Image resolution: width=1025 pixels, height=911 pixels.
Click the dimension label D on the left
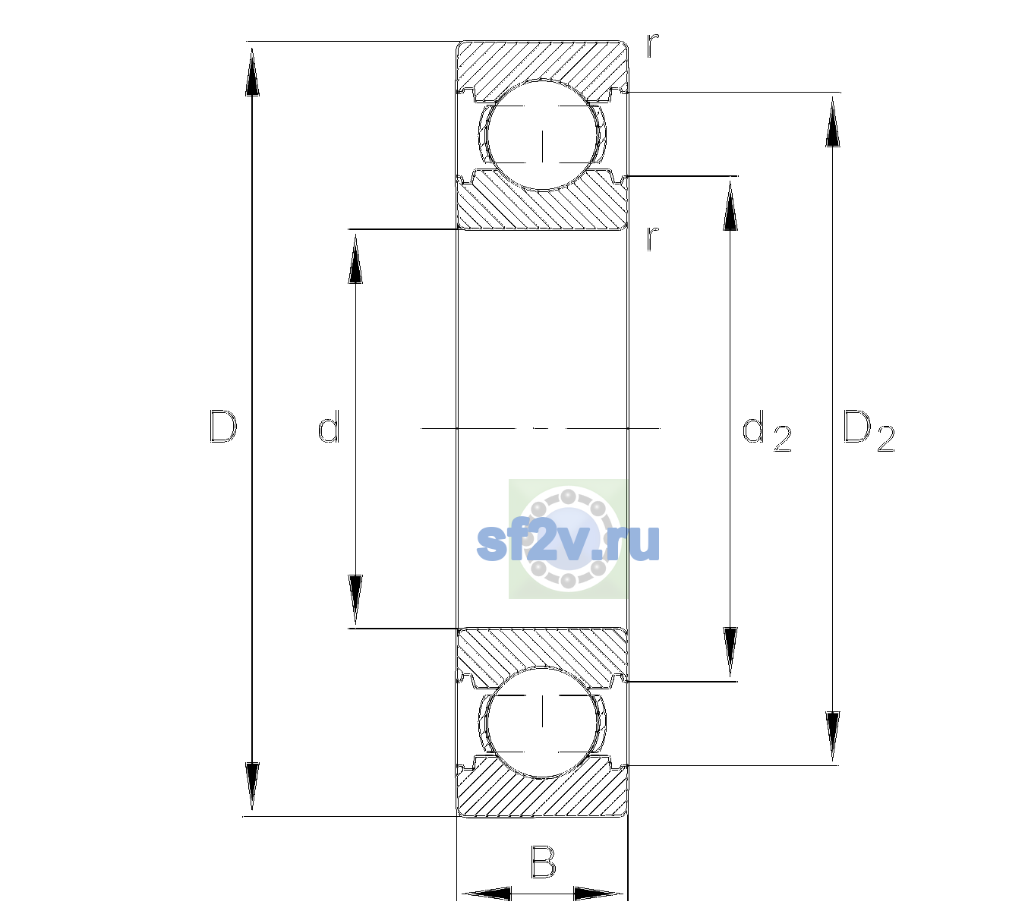(x=223, y=427)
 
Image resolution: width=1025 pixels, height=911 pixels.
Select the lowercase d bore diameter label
(x=329, y=426)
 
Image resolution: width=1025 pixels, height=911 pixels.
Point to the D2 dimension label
(x=869, y=430)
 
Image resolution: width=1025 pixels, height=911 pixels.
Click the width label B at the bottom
(x=543, y=861)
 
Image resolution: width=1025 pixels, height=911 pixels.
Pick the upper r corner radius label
(x=653, y=46)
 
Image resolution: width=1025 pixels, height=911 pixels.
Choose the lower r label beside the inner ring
(x=653, y=238)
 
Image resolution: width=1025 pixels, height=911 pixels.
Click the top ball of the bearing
(x=542, y=135)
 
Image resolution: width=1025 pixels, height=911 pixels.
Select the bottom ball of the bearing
(x=542, y=722)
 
